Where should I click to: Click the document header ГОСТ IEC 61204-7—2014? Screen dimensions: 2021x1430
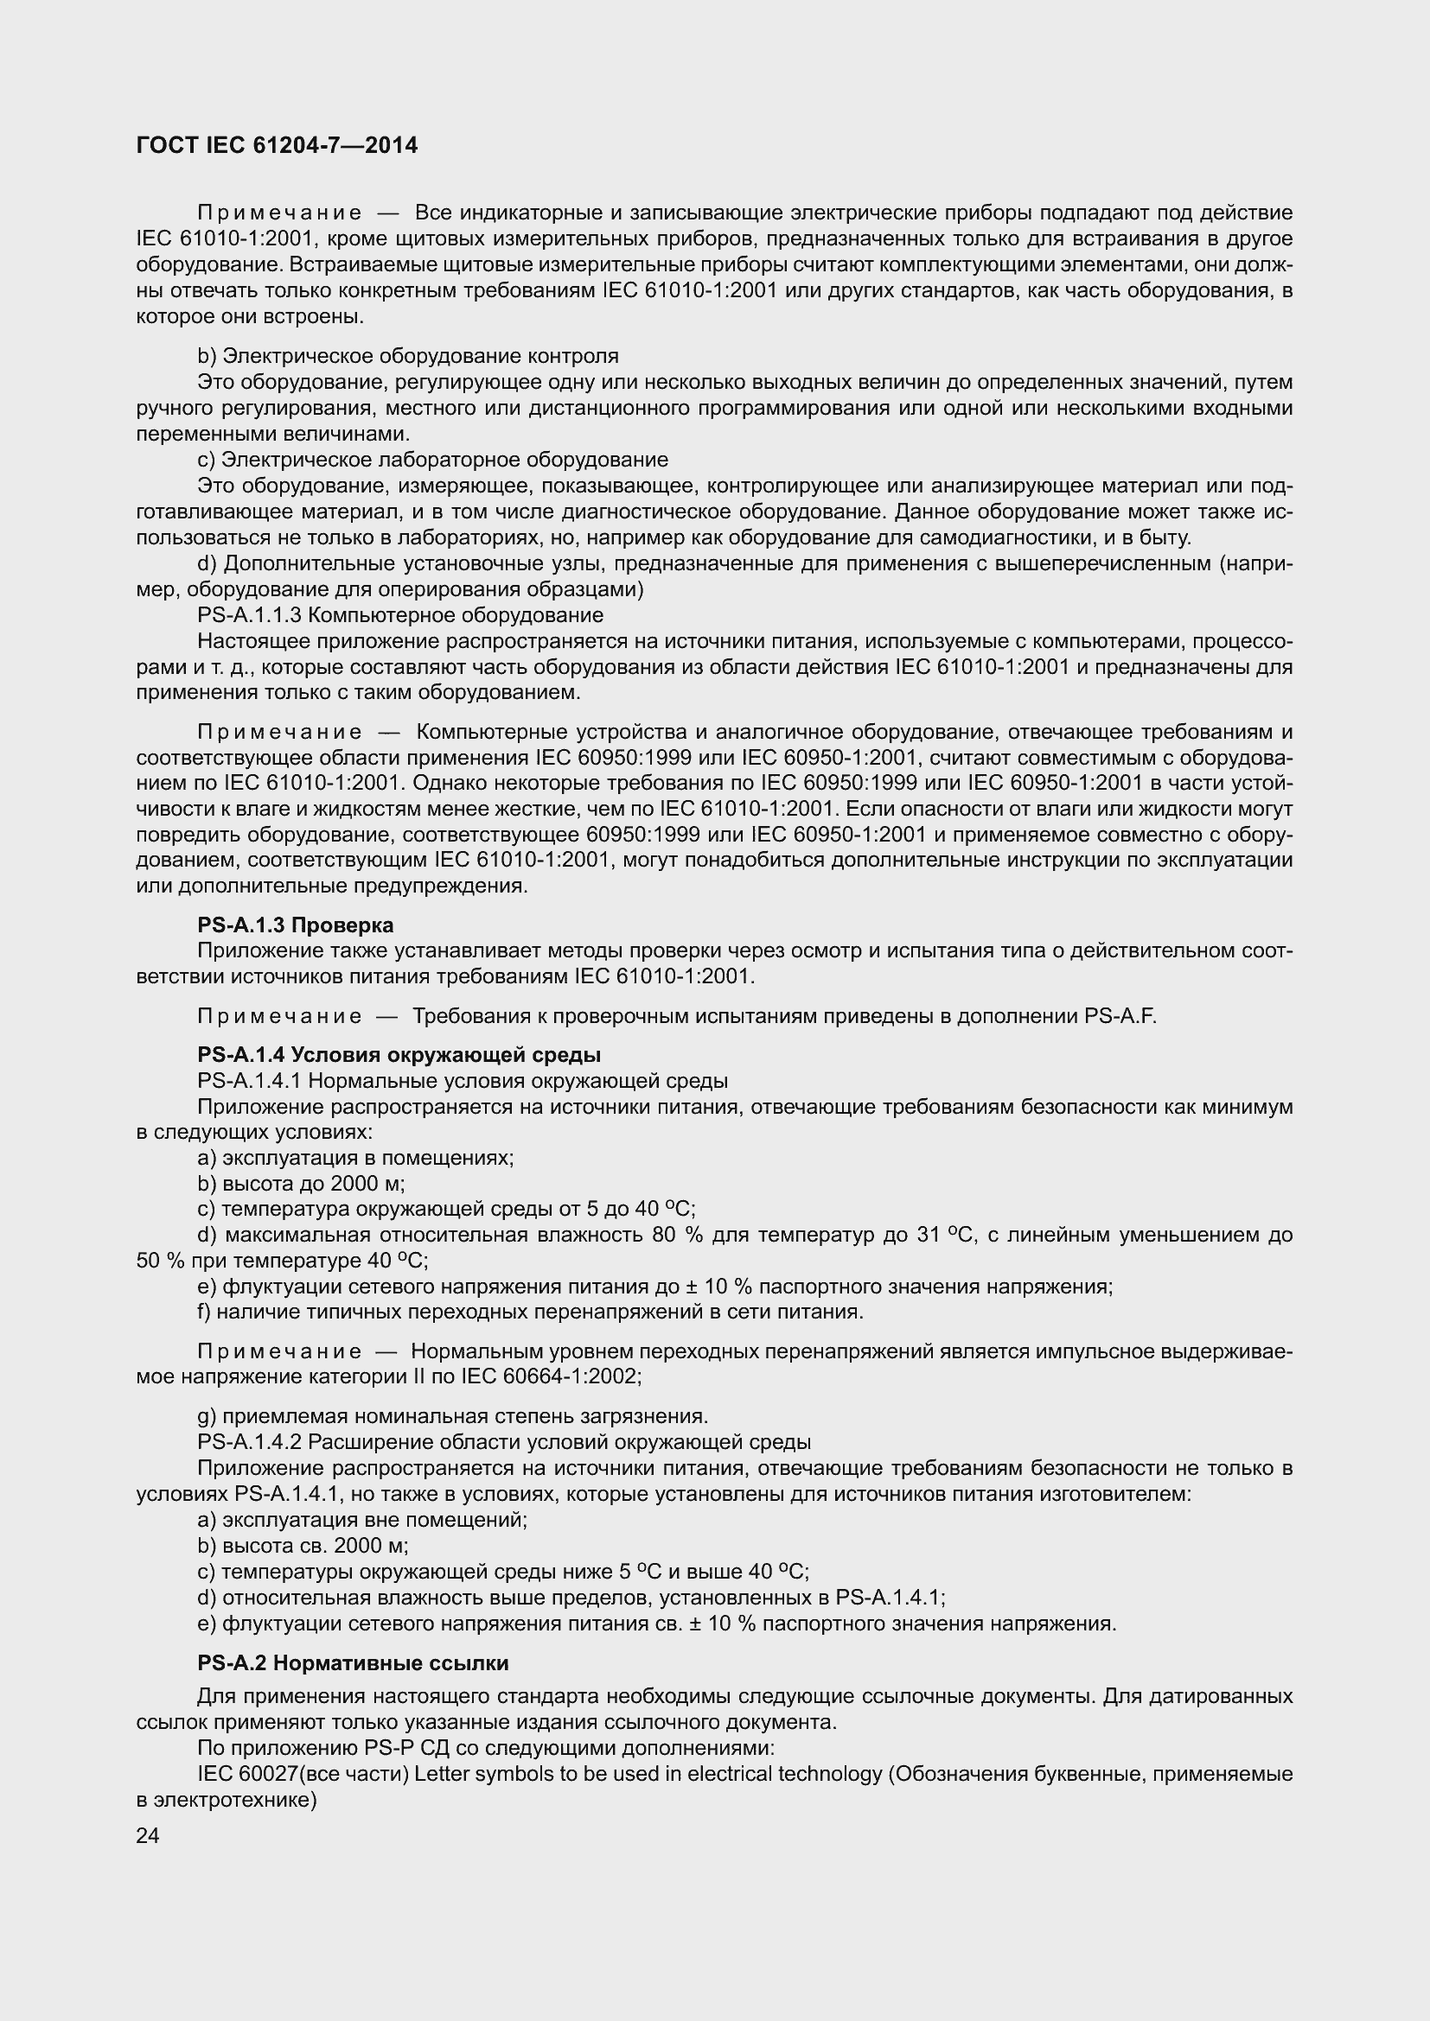point(277,145)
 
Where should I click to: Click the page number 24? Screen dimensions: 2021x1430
point(148,1835)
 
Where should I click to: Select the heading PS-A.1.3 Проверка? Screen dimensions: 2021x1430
point(295,925)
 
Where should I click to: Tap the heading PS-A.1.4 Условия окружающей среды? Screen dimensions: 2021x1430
point(399,1054)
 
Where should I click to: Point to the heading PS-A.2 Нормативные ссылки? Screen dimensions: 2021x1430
point(353,1662)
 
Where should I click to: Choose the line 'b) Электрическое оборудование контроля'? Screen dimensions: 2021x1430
point(408,356)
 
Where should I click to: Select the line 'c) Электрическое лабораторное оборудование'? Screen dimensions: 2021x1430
point(432,460)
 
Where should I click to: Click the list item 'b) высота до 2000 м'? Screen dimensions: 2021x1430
point(301,1183)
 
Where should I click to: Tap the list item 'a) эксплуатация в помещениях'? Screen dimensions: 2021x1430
point(354,1158)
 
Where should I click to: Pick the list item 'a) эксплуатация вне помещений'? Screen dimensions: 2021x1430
point(362,1519)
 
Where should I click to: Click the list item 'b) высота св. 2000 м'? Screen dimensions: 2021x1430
point(302,1546)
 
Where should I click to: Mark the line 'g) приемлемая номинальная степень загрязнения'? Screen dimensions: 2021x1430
point(452,1416)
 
